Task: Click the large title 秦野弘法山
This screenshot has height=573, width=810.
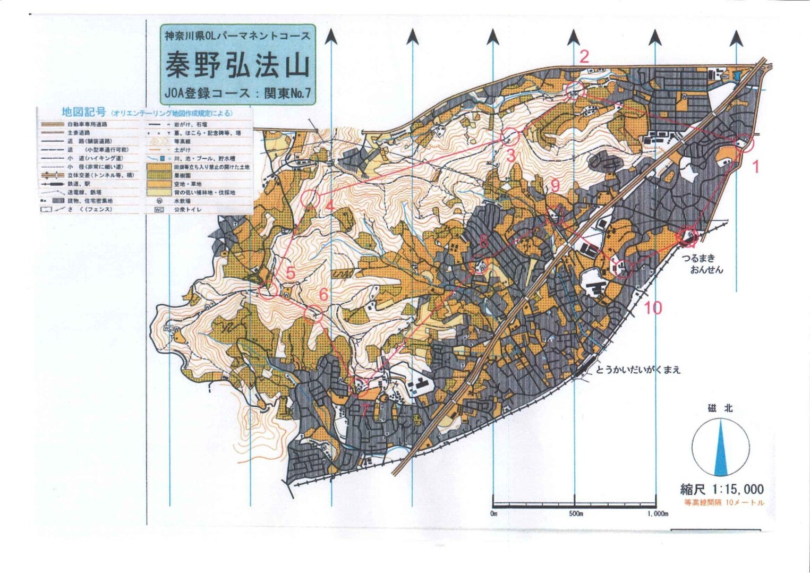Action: tap(237, 66)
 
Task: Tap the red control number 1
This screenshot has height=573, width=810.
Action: tap(756, 167)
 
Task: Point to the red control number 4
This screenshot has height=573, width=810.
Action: tap(329, 205)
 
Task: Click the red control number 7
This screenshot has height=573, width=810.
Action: tap(364, 409)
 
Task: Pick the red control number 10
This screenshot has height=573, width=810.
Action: tap(653, 307)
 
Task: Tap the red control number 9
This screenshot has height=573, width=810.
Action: tap(555, 185)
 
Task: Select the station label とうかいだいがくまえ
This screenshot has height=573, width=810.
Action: tap(638, 369)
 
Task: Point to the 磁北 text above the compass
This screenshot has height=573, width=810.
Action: tap(720, 408)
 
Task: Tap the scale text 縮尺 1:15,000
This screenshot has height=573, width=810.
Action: tap(722, 489)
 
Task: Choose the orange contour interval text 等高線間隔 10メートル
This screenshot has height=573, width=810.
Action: tap(724, 502)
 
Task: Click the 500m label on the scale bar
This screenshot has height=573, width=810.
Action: tap(576, 514)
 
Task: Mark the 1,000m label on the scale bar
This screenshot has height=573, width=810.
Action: tap(658, 514)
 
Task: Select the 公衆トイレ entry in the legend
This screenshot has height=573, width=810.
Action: tap(186, 210)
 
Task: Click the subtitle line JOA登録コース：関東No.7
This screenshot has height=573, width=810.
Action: tap(237, 93)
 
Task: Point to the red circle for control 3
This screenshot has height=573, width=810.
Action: tap(510, 137)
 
